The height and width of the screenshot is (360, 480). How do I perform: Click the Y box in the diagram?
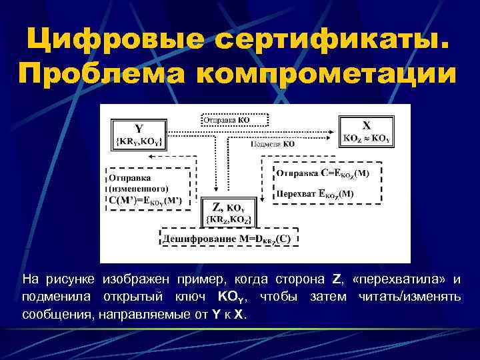138,134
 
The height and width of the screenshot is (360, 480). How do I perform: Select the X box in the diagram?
366,131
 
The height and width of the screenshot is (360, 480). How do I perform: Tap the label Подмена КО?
273,143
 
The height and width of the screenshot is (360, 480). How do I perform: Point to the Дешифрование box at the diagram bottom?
229,238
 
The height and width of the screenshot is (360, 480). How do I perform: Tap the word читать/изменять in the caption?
409,296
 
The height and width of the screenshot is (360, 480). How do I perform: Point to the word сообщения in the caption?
58,314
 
